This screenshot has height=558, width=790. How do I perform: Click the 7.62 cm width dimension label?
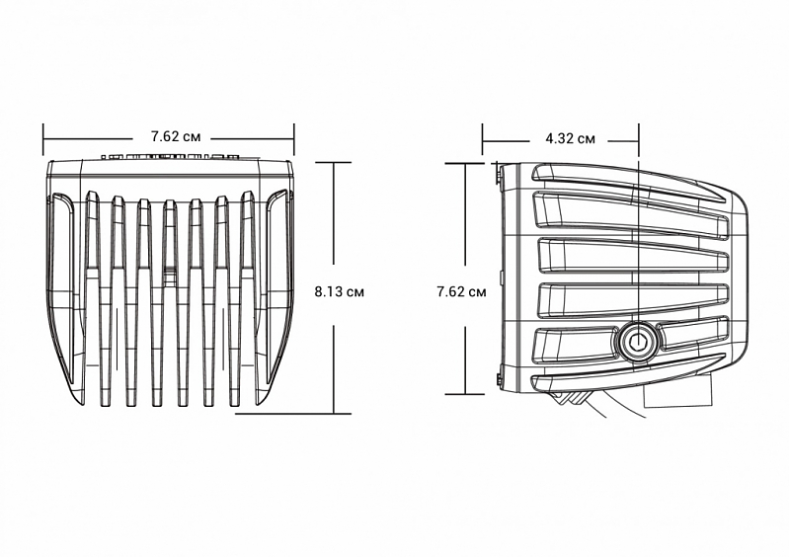click(x=170, y=135)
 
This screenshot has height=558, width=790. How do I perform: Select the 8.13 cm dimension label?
click(x=340, y=291)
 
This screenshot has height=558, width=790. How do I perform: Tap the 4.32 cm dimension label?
click(x=570, y=138)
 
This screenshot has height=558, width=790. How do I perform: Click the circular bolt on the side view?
click(x=637, y=343)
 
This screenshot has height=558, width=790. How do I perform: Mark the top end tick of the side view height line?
click(x=467, y=161)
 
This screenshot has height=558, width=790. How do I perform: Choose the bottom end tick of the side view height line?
click(x=467, y=393)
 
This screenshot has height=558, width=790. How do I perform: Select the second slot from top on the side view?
click(x=632, y=209)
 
